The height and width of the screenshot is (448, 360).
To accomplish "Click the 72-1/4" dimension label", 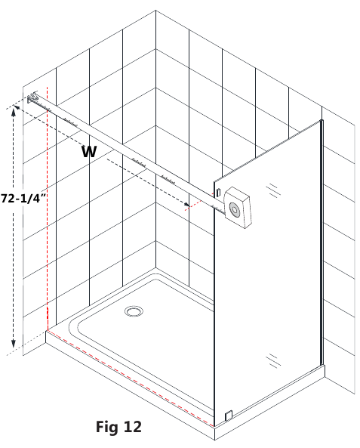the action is (23, 198).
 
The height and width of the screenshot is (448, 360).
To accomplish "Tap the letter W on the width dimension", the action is (89, 151).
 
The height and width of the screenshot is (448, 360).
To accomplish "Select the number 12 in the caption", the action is (132, 427).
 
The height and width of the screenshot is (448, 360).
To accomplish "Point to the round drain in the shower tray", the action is (134, 311).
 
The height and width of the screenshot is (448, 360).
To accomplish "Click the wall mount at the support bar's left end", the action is (32, 97).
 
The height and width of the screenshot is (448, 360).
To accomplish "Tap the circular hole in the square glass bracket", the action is (235, 210).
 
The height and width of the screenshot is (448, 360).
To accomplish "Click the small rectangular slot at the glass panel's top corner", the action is (218, 193).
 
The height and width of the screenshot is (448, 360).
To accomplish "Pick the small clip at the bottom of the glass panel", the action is (229, 416).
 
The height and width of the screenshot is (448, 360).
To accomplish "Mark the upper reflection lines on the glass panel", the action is (273, 190).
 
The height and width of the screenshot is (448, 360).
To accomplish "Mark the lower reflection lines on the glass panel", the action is (273, 360).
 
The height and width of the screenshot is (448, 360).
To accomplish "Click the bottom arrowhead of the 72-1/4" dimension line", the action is (13, 344).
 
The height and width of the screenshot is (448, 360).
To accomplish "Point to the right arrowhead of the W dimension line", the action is (186, 205).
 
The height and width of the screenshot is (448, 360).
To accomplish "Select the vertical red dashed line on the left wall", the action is (47, 209).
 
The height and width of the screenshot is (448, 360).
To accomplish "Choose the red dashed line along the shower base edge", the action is (131, 378).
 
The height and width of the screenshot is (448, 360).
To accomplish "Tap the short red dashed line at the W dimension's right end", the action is (199, 202).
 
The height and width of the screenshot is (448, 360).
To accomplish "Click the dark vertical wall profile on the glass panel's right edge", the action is (322, 243).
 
